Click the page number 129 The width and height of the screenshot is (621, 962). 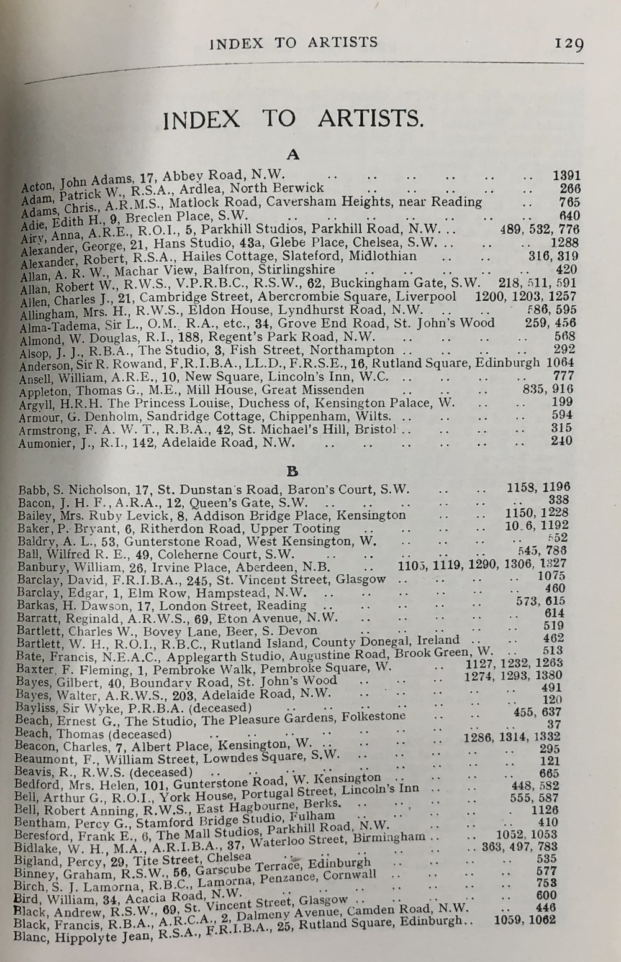pyautogui.click(x=568, y=44)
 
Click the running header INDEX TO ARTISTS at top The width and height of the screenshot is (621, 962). pyautogui.click(x=294, y=42)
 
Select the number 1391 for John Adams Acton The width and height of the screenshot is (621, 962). pyautogui.click(x=566, y=176)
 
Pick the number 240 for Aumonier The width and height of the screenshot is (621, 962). pyautogui.click(x=561, y=441)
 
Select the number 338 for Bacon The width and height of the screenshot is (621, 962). pyautogui.click(x=559, y=499)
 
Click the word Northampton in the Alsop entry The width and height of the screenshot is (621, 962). pyautogui.click(x=361, y=350)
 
